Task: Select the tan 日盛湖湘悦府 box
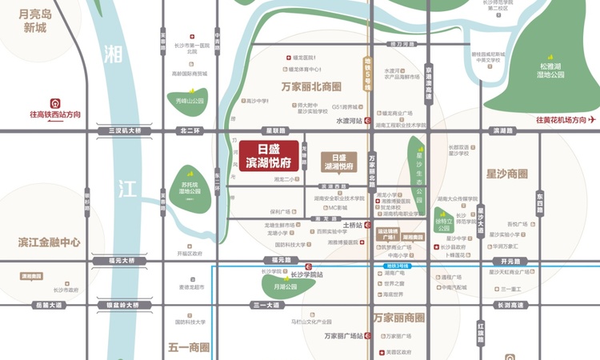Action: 339,162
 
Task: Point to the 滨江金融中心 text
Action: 50,242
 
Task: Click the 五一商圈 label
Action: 189,347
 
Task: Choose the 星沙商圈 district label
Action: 506,174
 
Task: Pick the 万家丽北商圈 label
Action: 312,86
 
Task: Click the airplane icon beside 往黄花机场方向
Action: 593,120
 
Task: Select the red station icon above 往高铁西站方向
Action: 56,102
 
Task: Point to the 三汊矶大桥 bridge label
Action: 118,130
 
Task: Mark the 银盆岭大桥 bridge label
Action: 118,305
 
